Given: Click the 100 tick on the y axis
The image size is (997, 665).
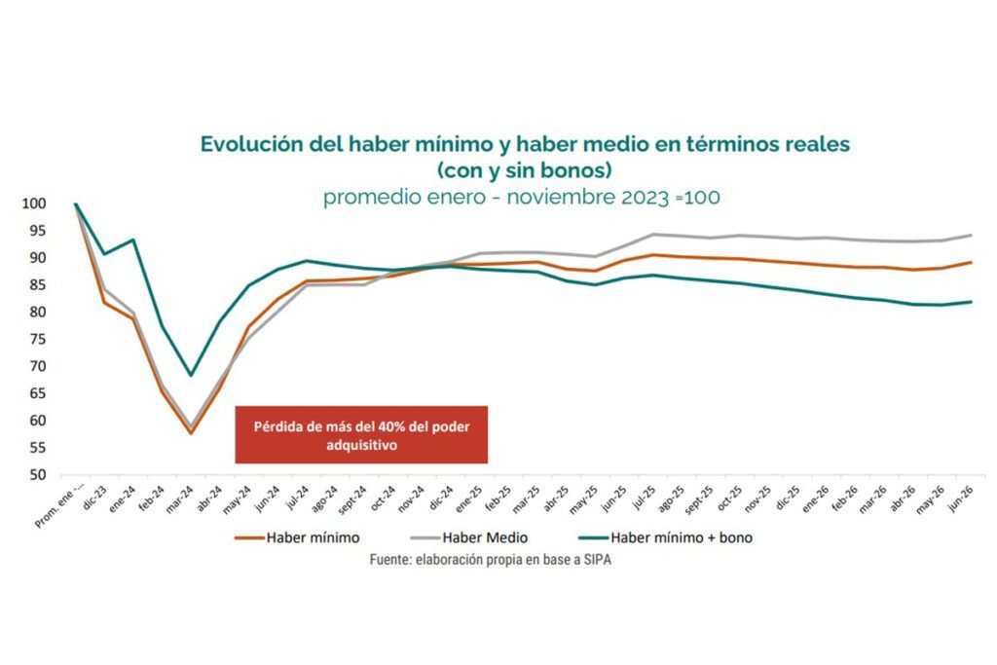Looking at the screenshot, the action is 34,203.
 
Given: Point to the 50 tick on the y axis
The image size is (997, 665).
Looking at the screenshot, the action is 38,475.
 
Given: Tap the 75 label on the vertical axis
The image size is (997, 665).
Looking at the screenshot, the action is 38,339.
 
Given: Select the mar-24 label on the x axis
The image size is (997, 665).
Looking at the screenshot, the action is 179,500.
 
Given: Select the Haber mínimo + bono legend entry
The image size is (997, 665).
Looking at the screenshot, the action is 666,537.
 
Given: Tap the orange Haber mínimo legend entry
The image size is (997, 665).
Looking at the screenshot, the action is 297,537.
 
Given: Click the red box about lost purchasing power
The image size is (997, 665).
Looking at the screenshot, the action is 361,435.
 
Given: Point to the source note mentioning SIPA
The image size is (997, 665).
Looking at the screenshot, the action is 491,560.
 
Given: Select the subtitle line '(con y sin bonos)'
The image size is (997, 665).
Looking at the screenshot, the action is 525,170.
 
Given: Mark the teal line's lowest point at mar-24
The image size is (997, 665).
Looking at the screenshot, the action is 191,375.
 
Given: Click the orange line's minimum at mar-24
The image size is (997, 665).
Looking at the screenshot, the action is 191,433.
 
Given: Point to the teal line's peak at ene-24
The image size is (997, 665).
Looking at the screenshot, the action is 132,240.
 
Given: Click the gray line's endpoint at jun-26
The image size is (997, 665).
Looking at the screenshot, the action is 971,236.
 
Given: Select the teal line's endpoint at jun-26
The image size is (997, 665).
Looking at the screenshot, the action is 971,302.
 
